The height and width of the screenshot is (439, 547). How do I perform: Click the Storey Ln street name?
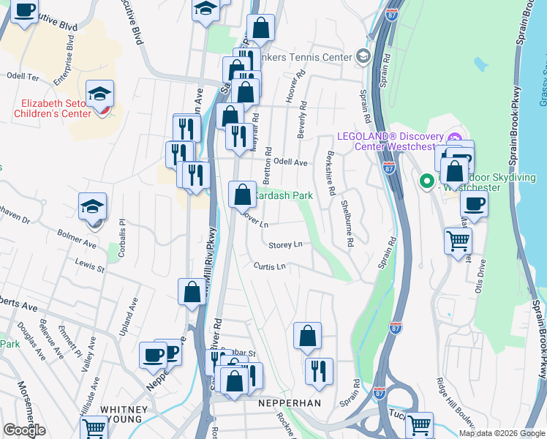pyautogui.click(x=285, y=245)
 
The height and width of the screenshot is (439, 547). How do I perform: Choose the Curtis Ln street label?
pyautogui.click(x=269, y=266)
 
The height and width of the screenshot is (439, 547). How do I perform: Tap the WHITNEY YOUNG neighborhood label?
pyautogui.click(x=124, y=415)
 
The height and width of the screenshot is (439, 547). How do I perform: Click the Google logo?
pyautogui.click(x=24, y=430)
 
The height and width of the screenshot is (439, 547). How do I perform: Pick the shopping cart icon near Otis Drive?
pyautogui.click(x=458, y=239)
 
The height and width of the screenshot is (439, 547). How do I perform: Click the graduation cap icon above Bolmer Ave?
pyautogui.click(x=93, y=206)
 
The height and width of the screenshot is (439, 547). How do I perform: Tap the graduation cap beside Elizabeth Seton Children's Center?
pyautogui.click(x=99, y=93)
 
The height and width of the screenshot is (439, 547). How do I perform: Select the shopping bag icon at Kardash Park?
pyautogui.click(x=242, y=194)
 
